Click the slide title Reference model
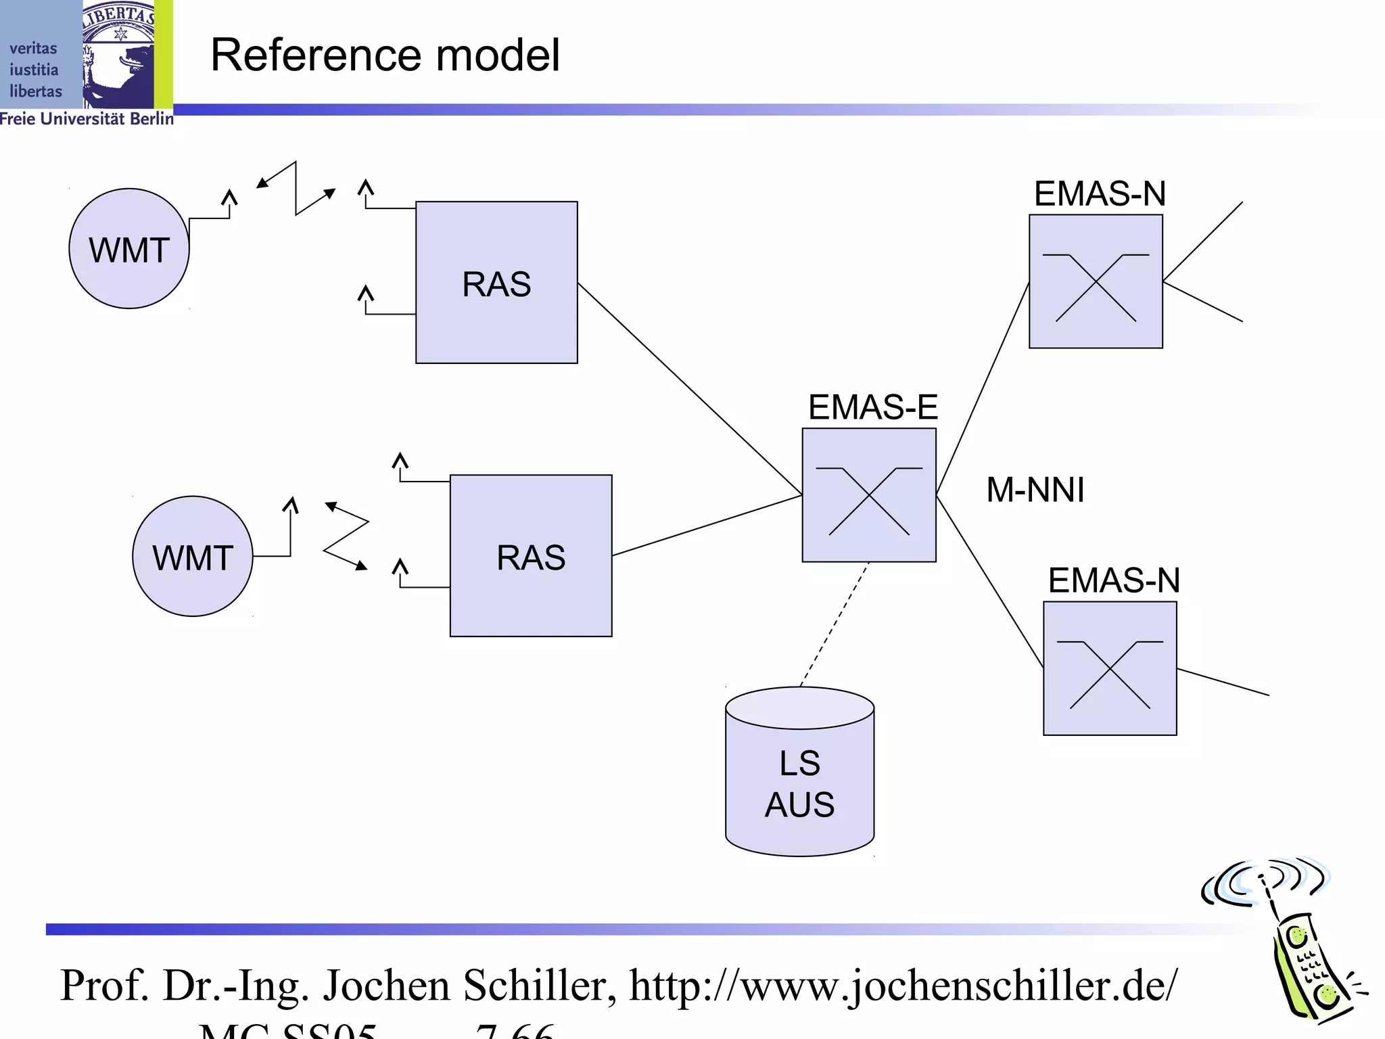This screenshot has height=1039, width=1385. click(384, 55)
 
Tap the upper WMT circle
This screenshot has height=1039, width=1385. click(128, 249)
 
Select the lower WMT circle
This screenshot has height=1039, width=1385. click(192, 557)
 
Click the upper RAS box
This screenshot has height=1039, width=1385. click(496, 283)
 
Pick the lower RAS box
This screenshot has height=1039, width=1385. click(531, 556)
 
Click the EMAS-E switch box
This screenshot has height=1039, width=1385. click(869, 495)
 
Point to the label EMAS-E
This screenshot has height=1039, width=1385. click(872, 407)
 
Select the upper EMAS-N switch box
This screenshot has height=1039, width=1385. click(1096, 281)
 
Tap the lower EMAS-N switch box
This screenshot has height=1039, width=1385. click(1110, 668)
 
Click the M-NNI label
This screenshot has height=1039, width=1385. click(1035, 490)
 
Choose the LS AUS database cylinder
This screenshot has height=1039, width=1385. click(799, 778)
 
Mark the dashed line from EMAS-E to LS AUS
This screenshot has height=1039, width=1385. click(835, 624)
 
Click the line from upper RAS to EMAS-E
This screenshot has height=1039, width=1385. click(690, 389)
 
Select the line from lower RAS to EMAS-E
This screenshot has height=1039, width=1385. click(707, 526)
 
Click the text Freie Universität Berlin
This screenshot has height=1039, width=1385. click(87, 119)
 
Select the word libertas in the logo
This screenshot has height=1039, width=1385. click(35, 91)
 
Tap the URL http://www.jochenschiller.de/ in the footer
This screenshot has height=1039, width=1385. click(903, 986)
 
